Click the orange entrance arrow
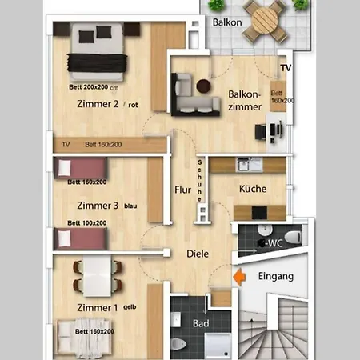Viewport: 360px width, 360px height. pos(239,277)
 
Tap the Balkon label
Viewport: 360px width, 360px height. pos(227,22)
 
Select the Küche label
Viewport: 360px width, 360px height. pos(253,189)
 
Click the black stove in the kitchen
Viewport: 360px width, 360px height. pos(259,213)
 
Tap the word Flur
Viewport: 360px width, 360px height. pos(182,190)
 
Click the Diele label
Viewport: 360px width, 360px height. pos(198,254)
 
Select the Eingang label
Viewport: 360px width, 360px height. pos(276,277)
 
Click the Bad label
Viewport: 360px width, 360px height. pos(201,323)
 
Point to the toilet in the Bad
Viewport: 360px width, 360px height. pos(178,344)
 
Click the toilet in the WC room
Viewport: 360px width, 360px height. pos(293,237)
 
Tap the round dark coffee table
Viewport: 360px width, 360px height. pos(203,86)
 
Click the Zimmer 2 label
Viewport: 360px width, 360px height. pos(98,104)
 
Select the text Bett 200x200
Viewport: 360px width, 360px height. pos(89,87)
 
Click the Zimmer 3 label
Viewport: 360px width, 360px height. pos(98,206)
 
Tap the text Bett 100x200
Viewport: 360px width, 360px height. pos(87,223)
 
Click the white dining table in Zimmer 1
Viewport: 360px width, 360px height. pos(97,276)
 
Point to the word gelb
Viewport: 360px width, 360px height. pos(130,307)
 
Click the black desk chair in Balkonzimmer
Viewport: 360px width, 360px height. pos(261,132)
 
